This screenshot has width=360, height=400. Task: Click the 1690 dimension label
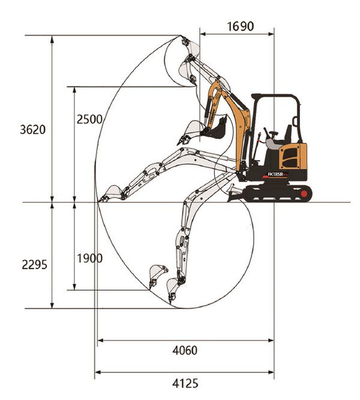pyautogui.click(x=240, y=26)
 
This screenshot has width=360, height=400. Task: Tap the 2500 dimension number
pyautogui.click(x=89, y=119)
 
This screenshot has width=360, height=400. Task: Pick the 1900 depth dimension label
pyautogui.click(x=89, y=258)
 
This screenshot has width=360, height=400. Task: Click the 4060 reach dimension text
pyautogui.click(x=184, y=350)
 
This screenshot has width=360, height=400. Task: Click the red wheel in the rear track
pyautogui.click(x=305, y=193)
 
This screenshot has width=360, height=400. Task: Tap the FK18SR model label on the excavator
pyautogui.click(x=277, y=174)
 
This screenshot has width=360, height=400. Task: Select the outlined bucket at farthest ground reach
pyautogui.click(x=111, y=193)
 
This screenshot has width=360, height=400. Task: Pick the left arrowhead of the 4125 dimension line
pyautogui.click(x=97, y=372)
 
